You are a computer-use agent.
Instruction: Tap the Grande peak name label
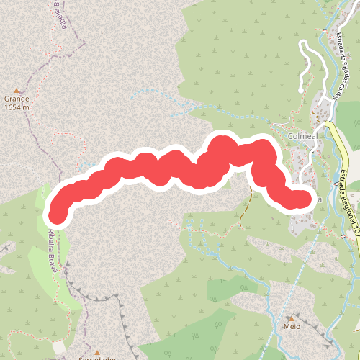17,99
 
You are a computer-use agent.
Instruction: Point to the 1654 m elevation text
17,107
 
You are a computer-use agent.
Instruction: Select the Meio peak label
292,326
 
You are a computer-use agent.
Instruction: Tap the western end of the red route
58,212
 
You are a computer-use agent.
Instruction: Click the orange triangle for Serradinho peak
96,352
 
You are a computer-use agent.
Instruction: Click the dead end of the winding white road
301,89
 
